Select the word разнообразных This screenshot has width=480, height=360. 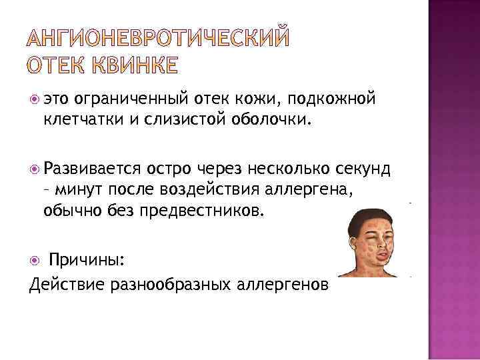[x=175, y=284]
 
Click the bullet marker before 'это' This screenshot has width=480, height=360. [x=35, y=99]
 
